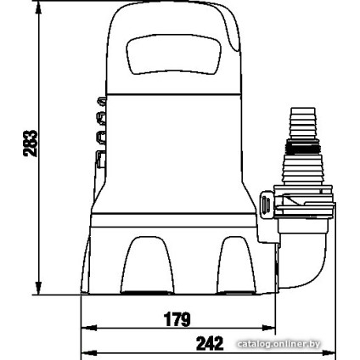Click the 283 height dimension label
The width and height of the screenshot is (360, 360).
coord(31,143)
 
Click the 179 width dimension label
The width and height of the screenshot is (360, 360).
coord(177,319)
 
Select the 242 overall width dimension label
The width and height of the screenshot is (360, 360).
coord(210,344)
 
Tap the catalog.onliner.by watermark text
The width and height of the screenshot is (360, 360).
coord(278,344)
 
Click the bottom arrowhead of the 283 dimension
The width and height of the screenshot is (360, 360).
coord(38,289)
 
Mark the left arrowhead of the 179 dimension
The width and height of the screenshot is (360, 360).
coord(88,329)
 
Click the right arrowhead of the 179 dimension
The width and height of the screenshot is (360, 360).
coord(268,329)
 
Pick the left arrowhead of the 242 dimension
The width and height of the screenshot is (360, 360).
coord(88,353)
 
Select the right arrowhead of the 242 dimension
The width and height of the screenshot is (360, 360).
coord(329,353)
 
